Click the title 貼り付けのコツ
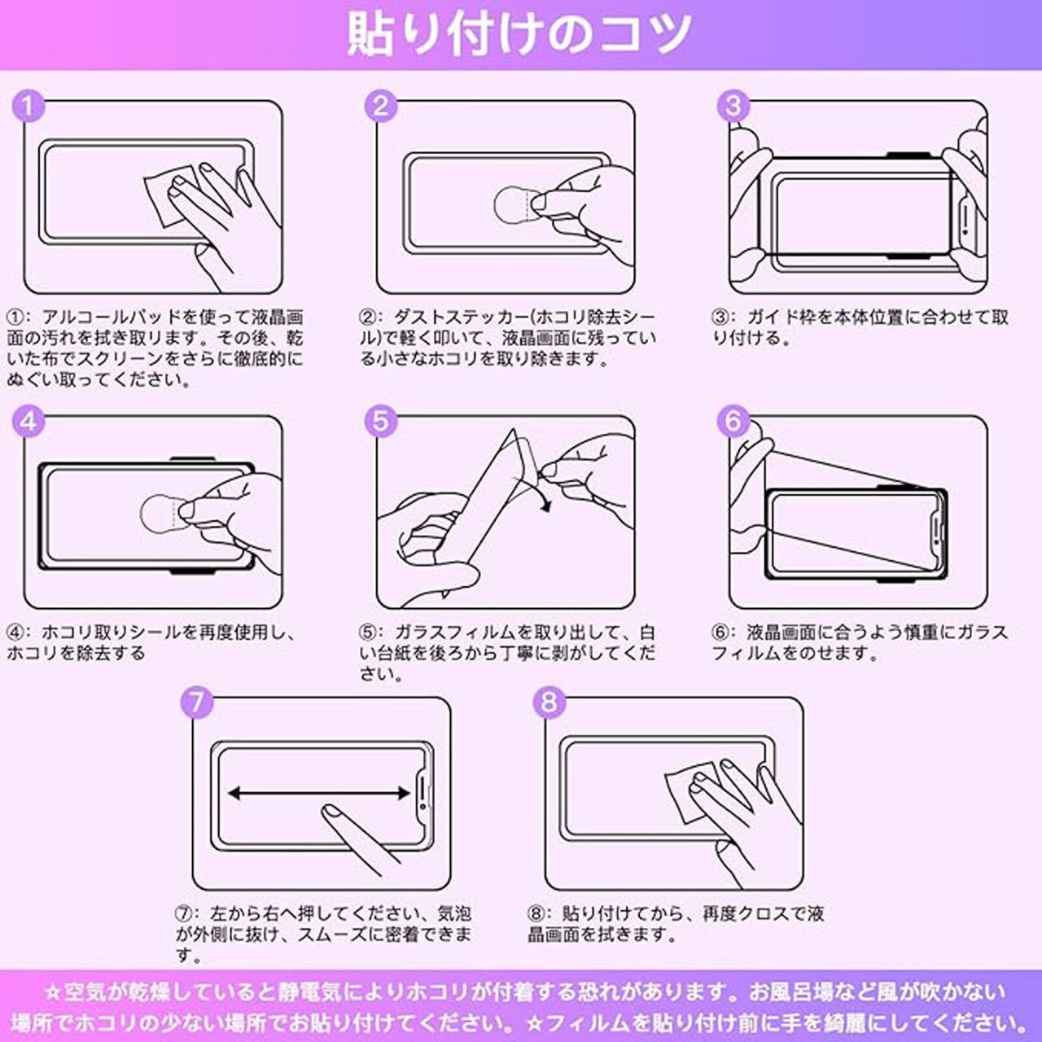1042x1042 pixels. tap(519, 33)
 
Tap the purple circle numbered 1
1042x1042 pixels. tap(28, 106)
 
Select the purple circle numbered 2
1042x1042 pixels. tap(381, 106)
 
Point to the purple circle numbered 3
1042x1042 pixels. tap(733, 106)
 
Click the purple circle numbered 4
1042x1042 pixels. tap(28, 421)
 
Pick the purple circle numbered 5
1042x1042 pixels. tap(381, 421)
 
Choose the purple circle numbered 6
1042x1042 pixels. tap(733, 421)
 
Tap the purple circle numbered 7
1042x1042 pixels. tap(197, 703)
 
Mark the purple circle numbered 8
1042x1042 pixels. tap(549, 703)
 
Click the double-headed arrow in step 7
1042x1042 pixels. tap(319, 793)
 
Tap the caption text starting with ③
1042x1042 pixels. tap(860, 328)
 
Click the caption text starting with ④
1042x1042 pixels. tap(151, 642)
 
